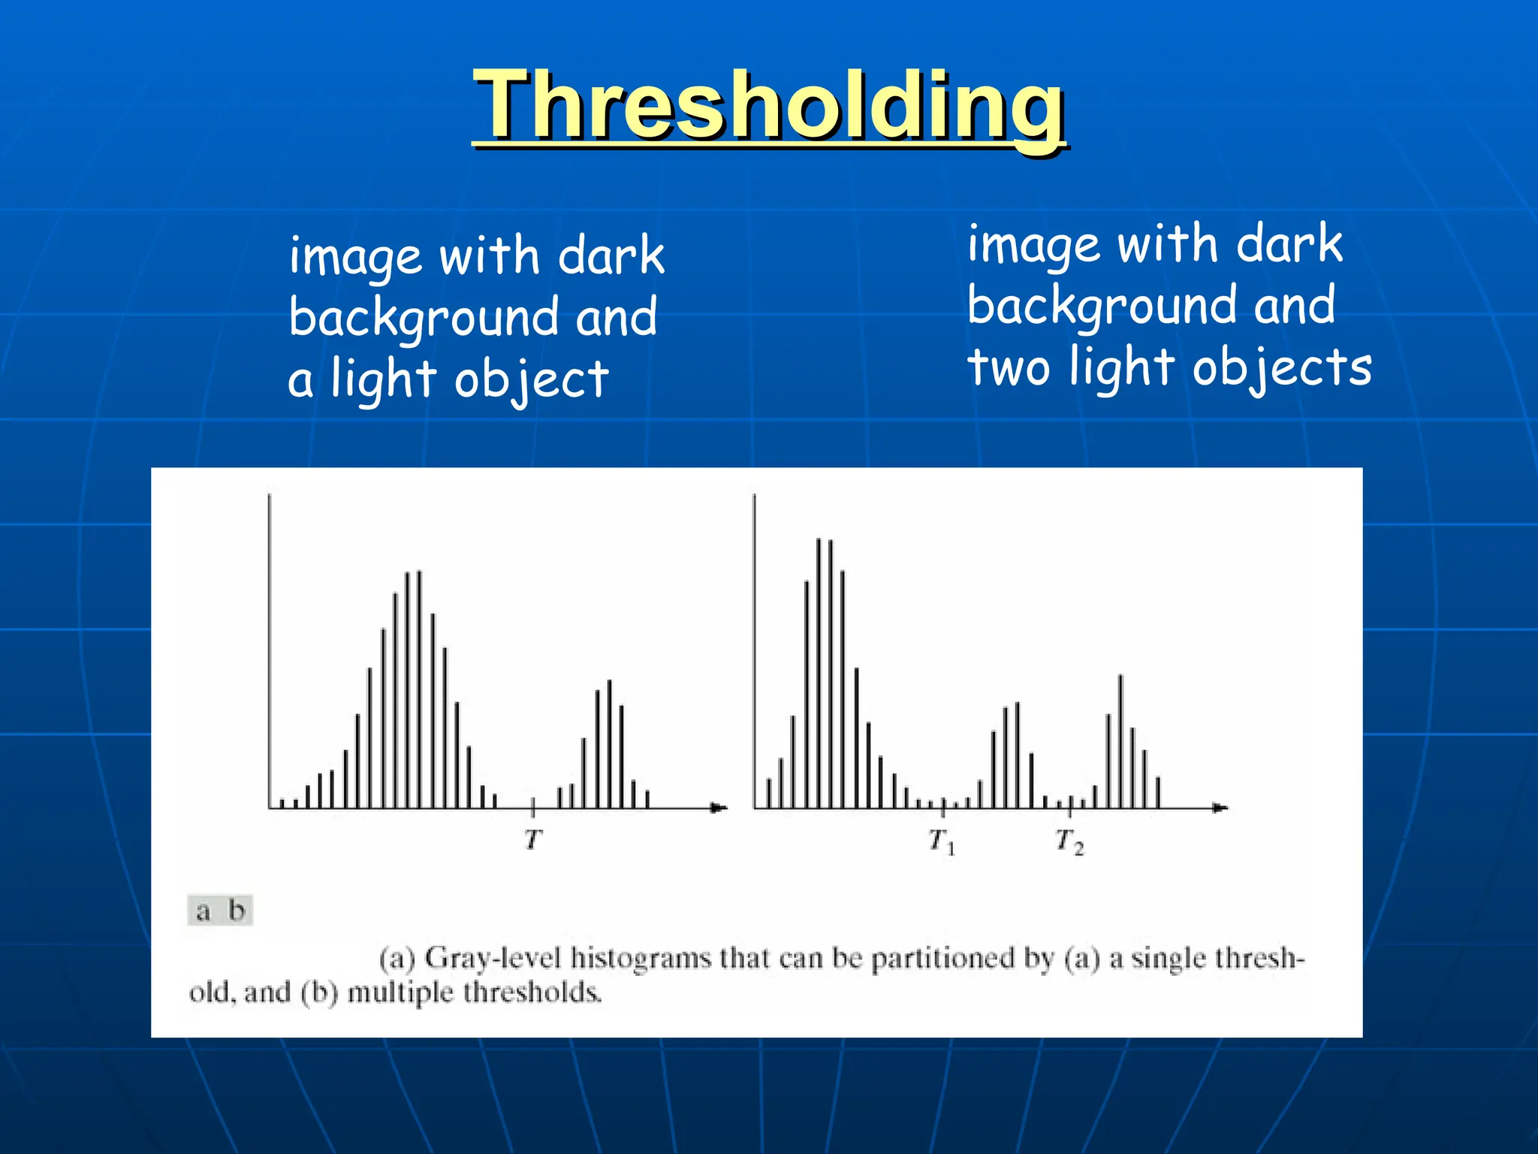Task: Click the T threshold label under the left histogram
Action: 533,838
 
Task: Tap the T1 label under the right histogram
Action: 941,841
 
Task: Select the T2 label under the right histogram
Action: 1069,841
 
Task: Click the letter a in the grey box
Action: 203,911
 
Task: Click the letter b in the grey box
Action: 237,911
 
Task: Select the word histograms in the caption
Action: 640,959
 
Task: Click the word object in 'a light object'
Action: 531,379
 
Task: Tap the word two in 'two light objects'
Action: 1008,368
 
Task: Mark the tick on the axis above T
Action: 533,807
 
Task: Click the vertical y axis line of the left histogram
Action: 270,646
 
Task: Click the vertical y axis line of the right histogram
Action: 754,646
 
